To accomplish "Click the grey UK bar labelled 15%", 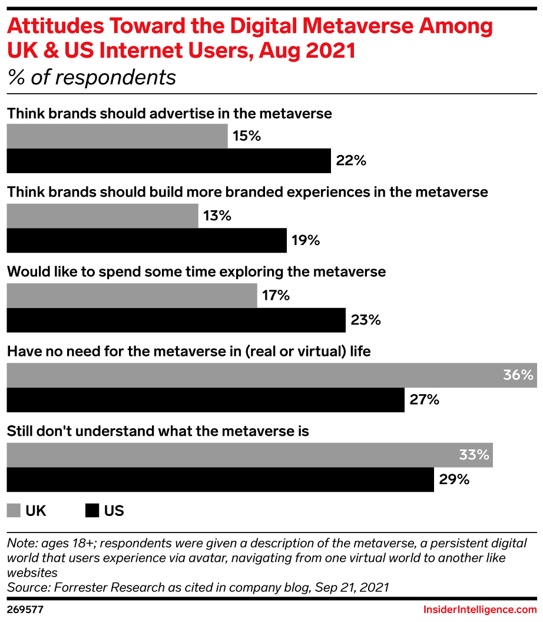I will point(117,136).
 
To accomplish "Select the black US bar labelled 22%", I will point(168,161).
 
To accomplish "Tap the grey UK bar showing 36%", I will point(271,375).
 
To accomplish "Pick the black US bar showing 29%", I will point(220,479).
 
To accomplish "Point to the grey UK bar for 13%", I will point(102,216).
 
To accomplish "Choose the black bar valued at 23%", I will point(176,320).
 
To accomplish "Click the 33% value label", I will point(474,455).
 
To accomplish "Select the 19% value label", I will point(305,240).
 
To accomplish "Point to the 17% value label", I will point(275,295).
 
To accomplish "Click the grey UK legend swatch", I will point(13,510).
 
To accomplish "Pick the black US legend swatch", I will point(92,510).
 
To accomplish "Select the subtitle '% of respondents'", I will point(91,77).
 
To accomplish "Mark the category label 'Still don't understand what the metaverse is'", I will point(158,431).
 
